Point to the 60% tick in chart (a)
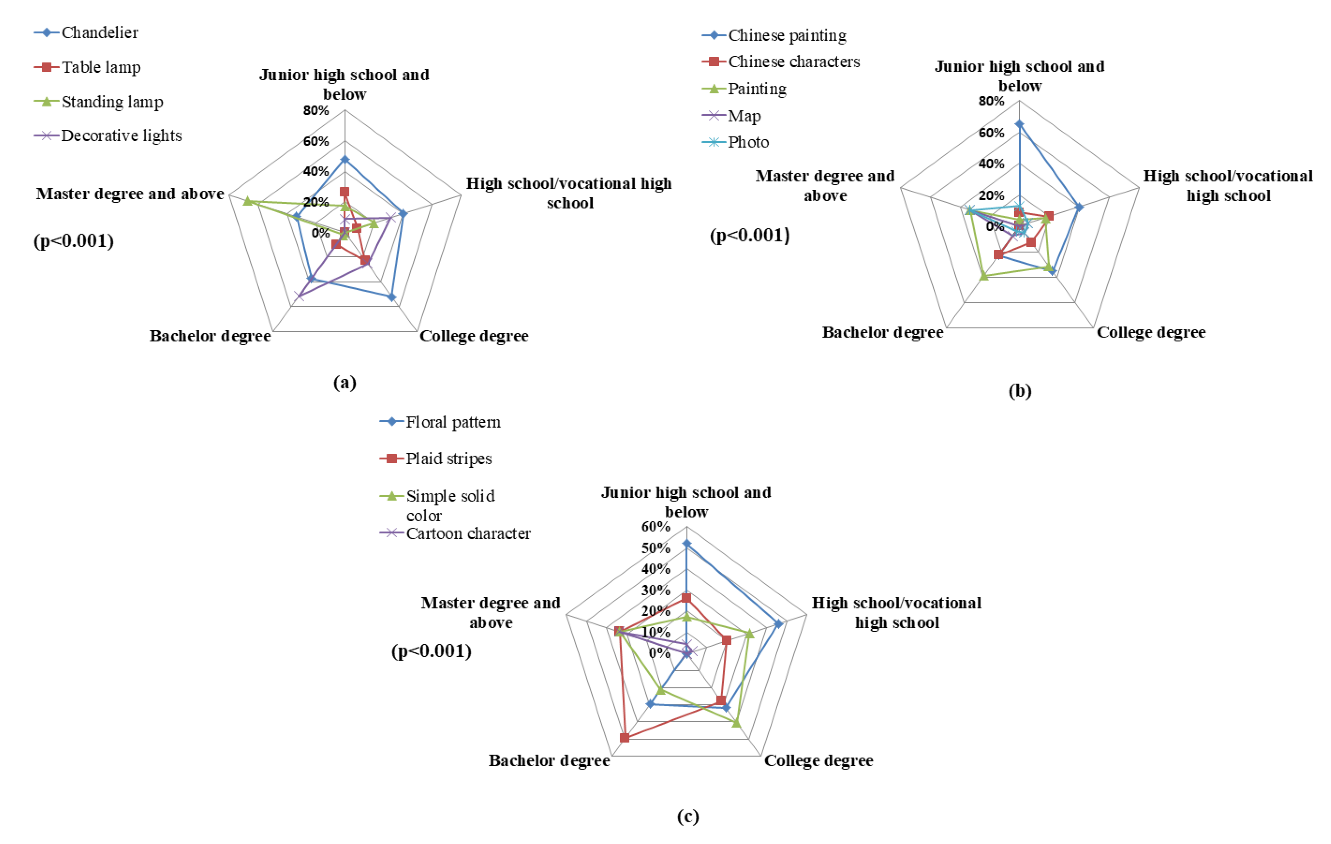[316, 142]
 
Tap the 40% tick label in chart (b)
[991, 164]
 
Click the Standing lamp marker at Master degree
[248, 201]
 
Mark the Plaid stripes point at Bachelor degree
[625, 738]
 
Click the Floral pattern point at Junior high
[686, 544]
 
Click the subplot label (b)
[1020, 391]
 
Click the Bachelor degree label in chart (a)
[210, 336]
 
